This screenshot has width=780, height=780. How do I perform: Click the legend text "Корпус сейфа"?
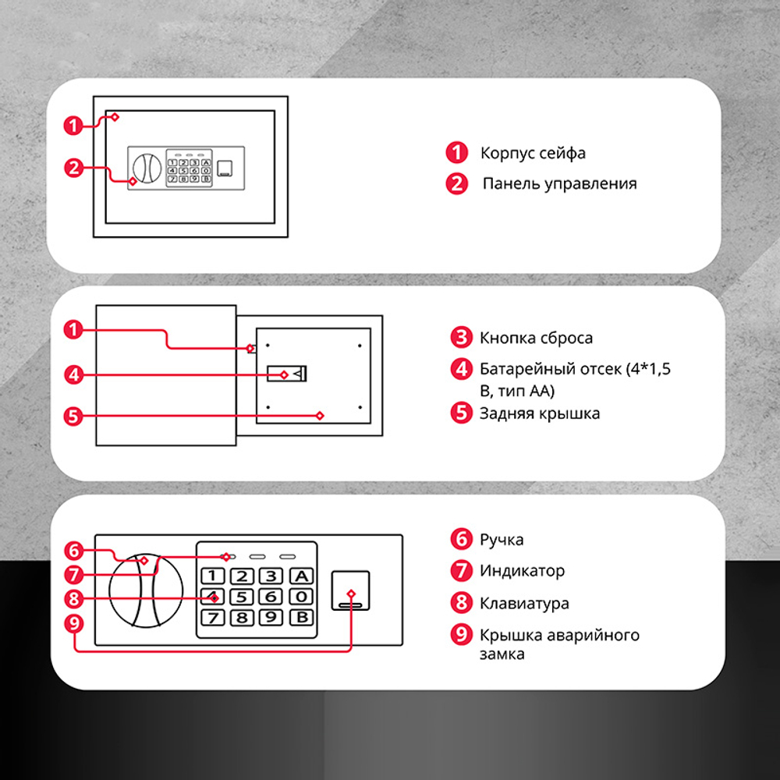[x=533, y=153]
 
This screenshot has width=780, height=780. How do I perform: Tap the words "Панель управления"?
[x=559, y=183]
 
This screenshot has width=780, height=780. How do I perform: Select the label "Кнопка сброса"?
[x=536, y=338]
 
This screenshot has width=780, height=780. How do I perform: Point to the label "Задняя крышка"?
[x=539, y=413]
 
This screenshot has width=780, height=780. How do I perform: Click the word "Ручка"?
[x=502, y=540]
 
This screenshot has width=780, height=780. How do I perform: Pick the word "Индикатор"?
[x=522, y=571]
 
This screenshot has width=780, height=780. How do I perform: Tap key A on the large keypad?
[x=301, y=576]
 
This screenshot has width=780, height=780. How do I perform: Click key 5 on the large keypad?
[x=242, y=597]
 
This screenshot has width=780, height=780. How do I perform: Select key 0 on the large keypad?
[x=301, y=597]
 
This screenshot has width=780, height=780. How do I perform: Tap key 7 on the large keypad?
[x=212, y=618]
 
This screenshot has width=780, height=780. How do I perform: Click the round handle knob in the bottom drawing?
[x=146, y=591]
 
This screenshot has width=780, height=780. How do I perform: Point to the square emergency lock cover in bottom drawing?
[x=351, y=590]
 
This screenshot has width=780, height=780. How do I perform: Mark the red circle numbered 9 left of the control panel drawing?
[x=74, y=623]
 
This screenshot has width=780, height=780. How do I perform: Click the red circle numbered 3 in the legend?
[x=461, y=337]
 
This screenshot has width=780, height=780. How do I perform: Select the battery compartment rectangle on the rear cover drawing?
[x=287, y=374]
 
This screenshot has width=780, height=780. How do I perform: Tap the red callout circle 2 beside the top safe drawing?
[x=73, y=168]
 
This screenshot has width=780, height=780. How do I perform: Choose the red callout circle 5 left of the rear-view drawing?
[x=73, y=417]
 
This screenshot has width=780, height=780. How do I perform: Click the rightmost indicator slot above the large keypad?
[x=288, y=557]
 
